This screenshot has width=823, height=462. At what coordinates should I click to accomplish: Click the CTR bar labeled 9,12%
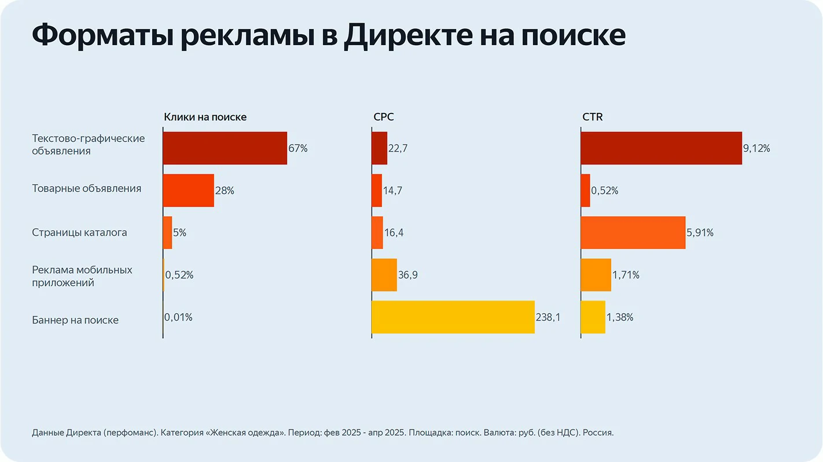661,148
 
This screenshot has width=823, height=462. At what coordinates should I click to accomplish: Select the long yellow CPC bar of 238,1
453,317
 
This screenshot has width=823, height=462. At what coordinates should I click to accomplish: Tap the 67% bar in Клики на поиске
225,148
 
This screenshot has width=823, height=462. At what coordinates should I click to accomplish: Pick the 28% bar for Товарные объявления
188,190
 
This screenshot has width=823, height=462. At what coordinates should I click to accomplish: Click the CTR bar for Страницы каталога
633,233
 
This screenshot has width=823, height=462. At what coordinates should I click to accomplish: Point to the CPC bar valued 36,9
384,275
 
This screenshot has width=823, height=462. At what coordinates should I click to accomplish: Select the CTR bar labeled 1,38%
593,317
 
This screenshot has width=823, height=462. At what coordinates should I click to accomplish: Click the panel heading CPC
384,117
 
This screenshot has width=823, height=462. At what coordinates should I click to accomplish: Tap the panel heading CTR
592,117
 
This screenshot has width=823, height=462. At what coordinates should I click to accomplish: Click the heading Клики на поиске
205,117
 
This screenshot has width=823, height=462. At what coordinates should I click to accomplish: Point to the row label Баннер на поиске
75,320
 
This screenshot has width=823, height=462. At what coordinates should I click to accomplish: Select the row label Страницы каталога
79,233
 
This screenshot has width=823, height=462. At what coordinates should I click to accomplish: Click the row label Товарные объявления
86,189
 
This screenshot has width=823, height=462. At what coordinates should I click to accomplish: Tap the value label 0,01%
179,317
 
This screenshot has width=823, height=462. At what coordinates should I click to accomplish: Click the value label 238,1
549,317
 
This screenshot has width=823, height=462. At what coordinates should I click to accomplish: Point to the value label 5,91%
700,233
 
